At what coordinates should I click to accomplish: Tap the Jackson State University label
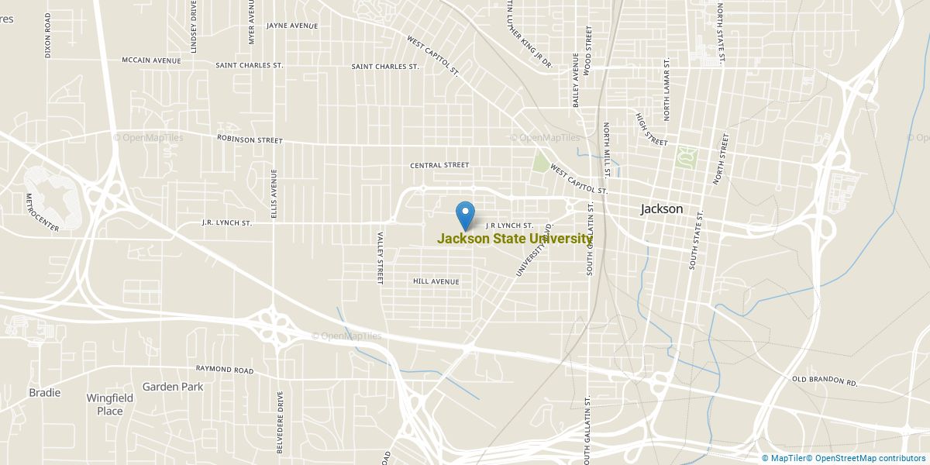tap(515, 239)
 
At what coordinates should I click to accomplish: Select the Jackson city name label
tap(662, 208)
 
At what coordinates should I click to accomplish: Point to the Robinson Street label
tap(250, 140)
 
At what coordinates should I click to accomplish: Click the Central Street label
tap(439, 165)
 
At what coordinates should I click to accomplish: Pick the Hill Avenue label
tap(436, 281)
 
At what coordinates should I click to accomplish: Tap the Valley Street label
tap(381, 258)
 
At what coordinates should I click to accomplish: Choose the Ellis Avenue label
tap(274, 193)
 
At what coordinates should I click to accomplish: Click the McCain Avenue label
tap(151, 60)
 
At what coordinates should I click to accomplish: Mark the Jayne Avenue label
tap(292, 26)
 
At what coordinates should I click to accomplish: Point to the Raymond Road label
tap(225, 370)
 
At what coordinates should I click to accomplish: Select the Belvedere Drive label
tap(281, 422)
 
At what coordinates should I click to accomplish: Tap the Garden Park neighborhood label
tap(173, 386)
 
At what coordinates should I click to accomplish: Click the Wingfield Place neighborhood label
tap(109, 405)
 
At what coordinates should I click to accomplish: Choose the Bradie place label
tap(45, 392)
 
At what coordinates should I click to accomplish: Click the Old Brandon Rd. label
tap(825, 382)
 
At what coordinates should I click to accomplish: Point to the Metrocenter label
tap(43, 212)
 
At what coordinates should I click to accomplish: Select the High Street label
tap(651, 129)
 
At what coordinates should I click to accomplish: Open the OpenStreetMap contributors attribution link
tap(870, 458)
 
